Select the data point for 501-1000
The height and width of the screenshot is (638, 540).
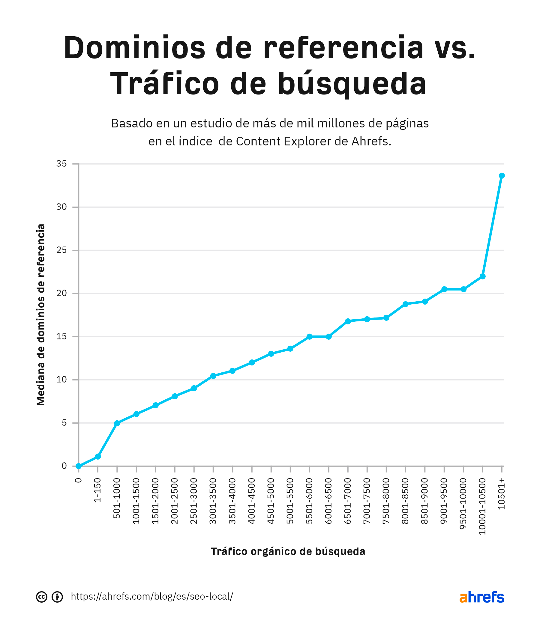click(x=117, y=423)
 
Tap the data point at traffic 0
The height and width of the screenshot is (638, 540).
click(x=79, y=466)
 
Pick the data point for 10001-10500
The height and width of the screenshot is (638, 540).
click(x=482, y=276)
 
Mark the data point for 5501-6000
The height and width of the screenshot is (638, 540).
click(x=310, y=337)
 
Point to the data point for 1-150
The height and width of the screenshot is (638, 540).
click(x=98, y=457)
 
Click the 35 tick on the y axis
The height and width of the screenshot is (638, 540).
click(x=61, y=164)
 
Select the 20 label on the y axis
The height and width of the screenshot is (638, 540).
click(x=61, y=293)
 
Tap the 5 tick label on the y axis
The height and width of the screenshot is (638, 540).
click(x=64, y=423)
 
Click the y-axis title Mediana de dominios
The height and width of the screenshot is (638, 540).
click(x=41, y=315)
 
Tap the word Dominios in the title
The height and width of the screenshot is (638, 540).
click(x=134, y=48)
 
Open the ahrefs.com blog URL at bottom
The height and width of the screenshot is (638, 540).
click(x=152, y=597)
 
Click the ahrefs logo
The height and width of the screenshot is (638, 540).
click(x=481, y=597)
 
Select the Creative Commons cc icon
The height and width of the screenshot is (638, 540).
click(x=42, y=597)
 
